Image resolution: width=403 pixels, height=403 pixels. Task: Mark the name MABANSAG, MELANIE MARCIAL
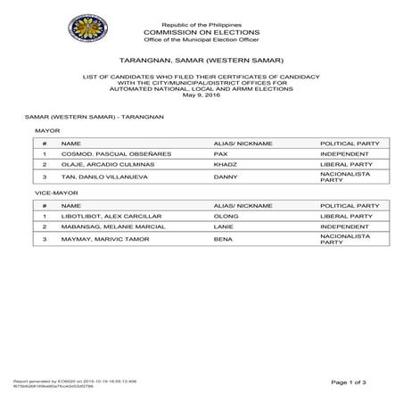[x=112, y=228]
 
